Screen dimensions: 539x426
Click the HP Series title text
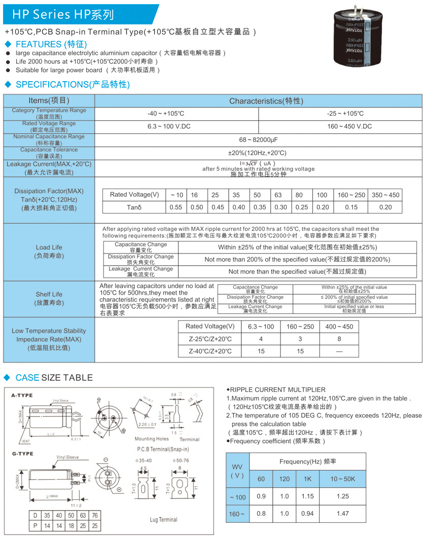pyautogui.click(x=63, y=15)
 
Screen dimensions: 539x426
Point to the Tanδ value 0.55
pyautogui.click(x=175, y=207)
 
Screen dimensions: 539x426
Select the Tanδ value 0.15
pyautogui.click(x=351, y=207)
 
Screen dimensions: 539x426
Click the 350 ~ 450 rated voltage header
pyautogui.click(x=385, y=195)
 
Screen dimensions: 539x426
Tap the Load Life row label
pyautogui.click(x=49, y=251)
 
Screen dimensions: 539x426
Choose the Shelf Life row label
pyautogui.click(x=49, y=298)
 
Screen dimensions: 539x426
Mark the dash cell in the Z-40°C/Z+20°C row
pyautogui.click(x=339, y=351)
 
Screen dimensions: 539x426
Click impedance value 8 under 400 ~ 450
pyautogui.click(x=339, y=339)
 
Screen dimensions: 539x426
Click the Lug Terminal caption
pyautogui.click(x=163, y=520)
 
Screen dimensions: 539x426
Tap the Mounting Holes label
pyautogui.click(x=152, y=439)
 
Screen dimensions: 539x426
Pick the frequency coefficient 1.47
pyautogui.click(x=342, y=514)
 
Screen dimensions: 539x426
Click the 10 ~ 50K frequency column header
pyautogui.click(x=342, y=479)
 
